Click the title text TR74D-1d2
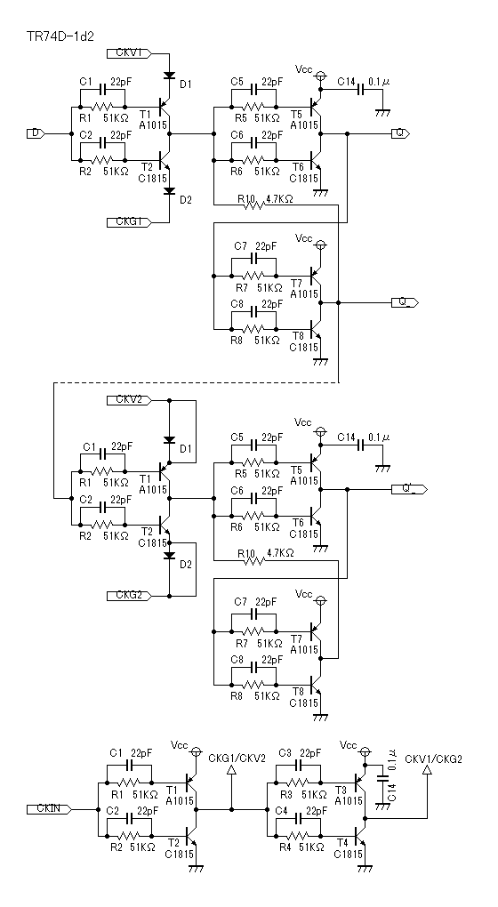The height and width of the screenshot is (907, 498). pyautogui.click(x=60, y=36)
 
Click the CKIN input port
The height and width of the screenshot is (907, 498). pyautogui.click(x=49, y=808)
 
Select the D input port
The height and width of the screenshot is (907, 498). pyautogui.click(x=36, y=133)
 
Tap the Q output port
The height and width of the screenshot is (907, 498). pyautogui.click(x=400, y=133)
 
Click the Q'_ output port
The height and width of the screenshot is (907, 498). pyautogui.click(x=409, y=489)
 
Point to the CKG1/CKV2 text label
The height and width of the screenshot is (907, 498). pyautogui.click(x=237, y=759)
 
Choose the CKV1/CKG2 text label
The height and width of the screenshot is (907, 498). pyautogui.click(x=434, y=759)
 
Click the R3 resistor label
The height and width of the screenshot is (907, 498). pyautogui.click(x=285, y=794)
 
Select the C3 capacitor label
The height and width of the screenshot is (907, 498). pyautogui.click(x=285, y=753)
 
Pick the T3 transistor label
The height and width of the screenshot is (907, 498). pyautogui.click(x=341, y=791)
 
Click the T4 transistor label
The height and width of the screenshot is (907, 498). pyautogui.click(x=341, y=843)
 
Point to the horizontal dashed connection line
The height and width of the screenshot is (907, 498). pyautogui.click(x=196, y=382)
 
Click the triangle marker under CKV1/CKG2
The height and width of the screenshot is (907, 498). pyautogui.click(x=428, y=770)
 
